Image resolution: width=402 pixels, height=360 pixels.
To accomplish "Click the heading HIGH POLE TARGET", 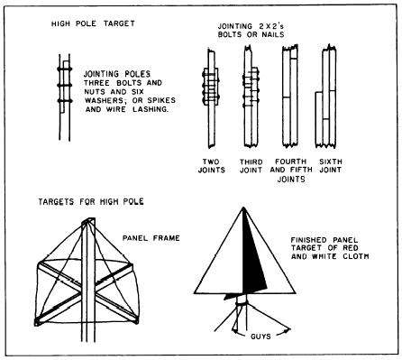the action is (x=93, y=23).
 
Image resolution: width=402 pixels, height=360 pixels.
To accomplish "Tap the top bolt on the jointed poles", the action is (x=65, y=69).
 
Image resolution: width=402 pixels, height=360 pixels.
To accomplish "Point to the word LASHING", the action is (x=151, y=109).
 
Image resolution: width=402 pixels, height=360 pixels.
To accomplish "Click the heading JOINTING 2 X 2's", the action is (x=251, y=26).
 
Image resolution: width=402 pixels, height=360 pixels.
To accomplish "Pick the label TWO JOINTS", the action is (x=212, y=166).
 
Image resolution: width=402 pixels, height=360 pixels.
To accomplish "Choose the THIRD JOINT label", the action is (x=251, y=166).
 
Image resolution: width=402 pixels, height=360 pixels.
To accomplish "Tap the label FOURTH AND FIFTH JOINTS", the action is (x=291, y=171).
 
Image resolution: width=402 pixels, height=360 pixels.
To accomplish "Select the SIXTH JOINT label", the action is (x=331, y=166).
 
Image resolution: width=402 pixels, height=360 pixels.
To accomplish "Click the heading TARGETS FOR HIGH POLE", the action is (x=91, y=201).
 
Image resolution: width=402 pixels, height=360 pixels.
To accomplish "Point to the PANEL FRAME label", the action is (x=151, y=238).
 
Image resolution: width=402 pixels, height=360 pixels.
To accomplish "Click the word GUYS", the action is (x=260, y=337).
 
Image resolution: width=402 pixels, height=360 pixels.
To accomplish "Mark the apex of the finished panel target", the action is (x=242, y=208).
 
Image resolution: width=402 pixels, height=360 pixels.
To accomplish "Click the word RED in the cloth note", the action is (x=351, y=248).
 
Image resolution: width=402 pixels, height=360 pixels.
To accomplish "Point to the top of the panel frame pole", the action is (x=88, y=220).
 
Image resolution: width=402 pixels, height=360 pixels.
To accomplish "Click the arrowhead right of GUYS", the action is (x=288, y=330).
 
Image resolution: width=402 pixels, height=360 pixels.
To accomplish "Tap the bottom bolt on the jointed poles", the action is (x=65, y=101).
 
